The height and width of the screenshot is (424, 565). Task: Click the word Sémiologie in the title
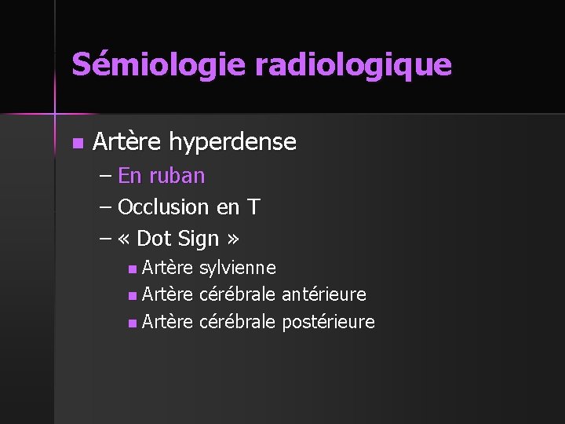(x=159, y=64)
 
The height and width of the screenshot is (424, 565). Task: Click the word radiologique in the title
(x=353, y=65)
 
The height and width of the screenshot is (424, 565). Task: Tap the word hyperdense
(x=233, y=142)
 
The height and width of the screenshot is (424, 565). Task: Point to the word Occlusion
(x=163, y=207)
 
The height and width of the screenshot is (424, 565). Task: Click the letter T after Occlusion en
(x=253, y=207)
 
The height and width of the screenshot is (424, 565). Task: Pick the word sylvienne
(x=238, y=269)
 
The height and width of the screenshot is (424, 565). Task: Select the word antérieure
(x=323, y=294)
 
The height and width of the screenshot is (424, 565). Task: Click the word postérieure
(x=328, y=322)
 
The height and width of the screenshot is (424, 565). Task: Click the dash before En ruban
(x=106, y=176)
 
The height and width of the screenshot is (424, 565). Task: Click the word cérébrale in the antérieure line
(x=238, y=294)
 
